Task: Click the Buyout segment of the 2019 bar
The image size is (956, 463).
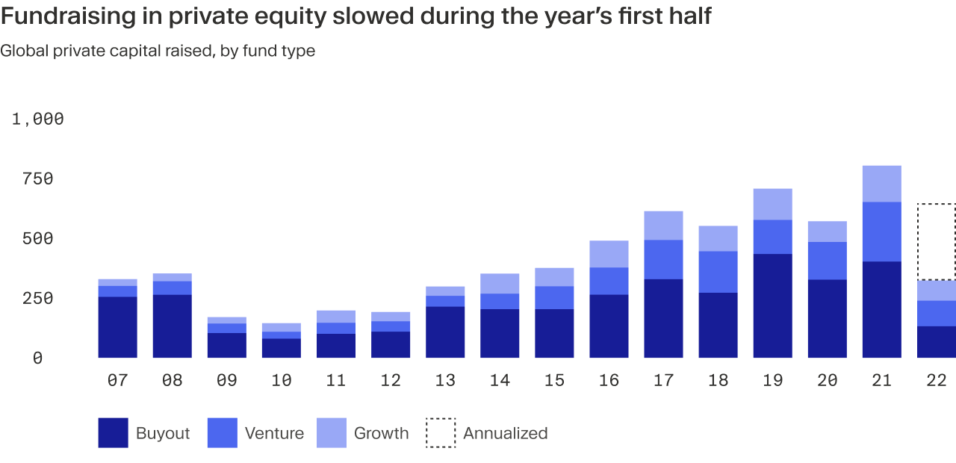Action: click(x=772, y=306)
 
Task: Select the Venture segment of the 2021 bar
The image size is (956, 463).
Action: click(x=881, y=232)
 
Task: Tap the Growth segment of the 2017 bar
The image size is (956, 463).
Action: click(x=663, y=225)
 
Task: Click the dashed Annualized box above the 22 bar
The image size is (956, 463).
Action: click(x=937, y=241)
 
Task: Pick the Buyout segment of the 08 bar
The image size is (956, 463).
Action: click(x=172, y=326)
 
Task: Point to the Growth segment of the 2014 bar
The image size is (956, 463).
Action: click(x=500, y=283)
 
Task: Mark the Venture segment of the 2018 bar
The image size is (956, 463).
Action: click(x=718, y=272)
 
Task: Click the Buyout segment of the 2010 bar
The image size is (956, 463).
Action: click(x=281, y=348)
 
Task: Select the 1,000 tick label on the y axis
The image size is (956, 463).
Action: click(x=38, y=119)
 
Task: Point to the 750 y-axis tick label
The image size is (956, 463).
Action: click(x=38, y=178)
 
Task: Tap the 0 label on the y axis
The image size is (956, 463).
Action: click(x=38, y=358)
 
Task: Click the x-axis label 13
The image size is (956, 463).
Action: click(x=445, y=380)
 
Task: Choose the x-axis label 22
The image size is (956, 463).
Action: click(x=937, y=380)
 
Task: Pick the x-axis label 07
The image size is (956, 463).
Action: click(x=117, y=380)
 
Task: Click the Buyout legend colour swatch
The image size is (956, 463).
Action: click(x=113, y=433)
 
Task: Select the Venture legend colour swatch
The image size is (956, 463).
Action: click(x=222, y=433)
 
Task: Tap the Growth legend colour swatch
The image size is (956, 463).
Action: click(x=332, y=433)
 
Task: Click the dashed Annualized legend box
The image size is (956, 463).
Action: click(x=441, y=433)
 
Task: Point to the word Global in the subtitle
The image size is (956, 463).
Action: click(x=23, y=51)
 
